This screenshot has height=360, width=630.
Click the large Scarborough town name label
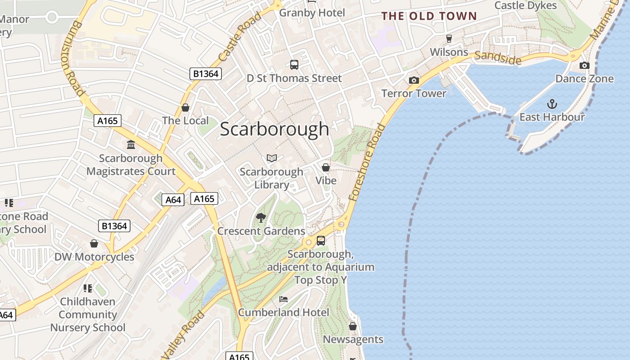(x=274, y=129)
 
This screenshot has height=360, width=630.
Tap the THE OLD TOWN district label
(x=429, y=16)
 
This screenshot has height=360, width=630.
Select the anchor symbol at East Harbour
(x=552, y=104)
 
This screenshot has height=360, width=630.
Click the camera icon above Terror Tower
(x=414, y=81)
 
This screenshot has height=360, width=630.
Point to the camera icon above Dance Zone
(x=584, y=66)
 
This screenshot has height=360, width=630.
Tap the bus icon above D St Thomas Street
(x=294, y=65)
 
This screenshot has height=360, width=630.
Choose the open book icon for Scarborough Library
(x=271, y=158)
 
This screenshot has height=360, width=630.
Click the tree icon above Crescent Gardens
(x=261, y=218)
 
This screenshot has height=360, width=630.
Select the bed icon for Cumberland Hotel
(x=283, y=299)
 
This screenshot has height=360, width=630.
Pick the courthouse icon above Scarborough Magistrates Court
(x=131, y=145)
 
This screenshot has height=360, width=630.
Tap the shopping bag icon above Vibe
(x=326, y=167)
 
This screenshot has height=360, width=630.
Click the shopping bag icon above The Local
(x=185, y=108)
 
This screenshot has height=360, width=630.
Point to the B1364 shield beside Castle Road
(x=206, y=74)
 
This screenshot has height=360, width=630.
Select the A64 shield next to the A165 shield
(x=173, y=200)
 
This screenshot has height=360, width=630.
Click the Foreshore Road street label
(x=367, y=162)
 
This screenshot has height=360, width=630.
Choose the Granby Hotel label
(x=312, y=13)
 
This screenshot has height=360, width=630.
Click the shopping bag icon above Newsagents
(x=353, y=326)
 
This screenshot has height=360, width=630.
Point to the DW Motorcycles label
(x=94, y=257)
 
